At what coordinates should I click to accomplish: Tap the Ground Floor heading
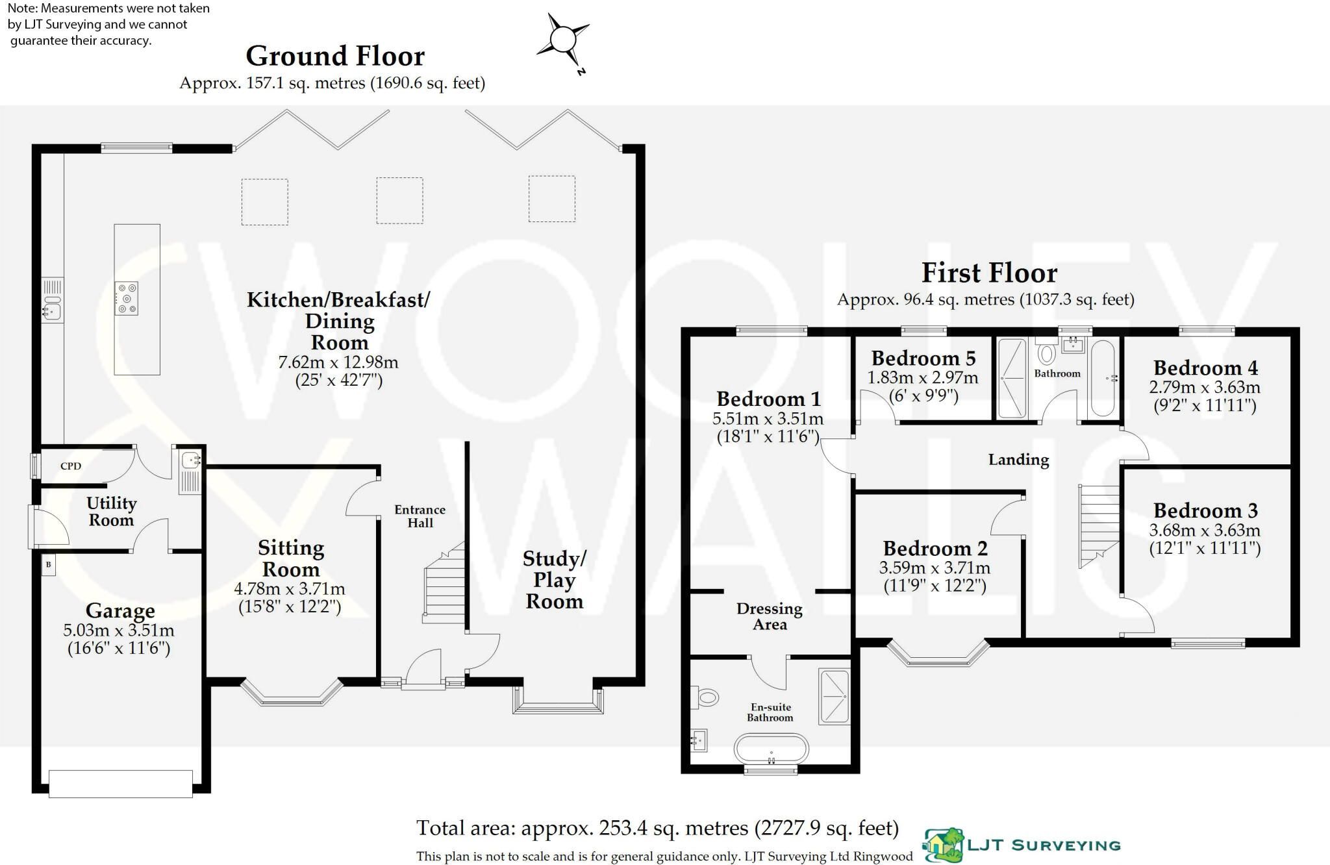point(335,56)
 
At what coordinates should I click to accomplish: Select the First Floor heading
point(989,273)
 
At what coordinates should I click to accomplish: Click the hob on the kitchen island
point(126,298)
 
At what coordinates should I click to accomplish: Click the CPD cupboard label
point(71,466)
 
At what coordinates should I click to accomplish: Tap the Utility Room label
point(111,511)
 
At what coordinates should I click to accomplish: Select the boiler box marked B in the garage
point(48,565)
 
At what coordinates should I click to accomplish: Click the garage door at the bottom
point(121,783)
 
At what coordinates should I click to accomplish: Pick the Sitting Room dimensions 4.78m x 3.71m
point(290,590)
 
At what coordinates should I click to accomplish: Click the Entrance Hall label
point(420,516)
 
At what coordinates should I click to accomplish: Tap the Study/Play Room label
point(554,580)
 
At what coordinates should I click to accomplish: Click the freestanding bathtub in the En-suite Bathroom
point(772,749)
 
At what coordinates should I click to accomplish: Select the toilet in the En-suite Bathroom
point(705,698)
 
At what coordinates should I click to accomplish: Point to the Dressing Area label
point(770,617)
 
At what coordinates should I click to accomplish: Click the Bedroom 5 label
point(923,358)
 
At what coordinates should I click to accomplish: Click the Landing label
point(1018,460)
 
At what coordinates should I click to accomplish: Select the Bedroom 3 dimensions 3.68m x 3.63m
point(1205,530)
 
